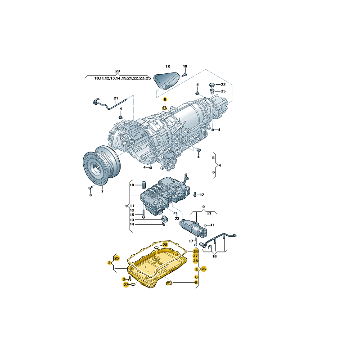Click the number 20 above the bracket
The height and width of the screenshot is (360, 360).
point(117,71)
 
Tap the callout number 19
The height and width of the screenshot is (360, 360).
point(184,66)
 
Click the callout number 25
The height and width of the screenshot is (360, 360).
point(223,91)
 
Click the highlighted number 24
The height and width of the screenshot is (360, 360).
point(195,251)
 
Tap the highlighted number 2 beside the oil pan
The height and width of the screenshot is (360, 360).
point(109,262)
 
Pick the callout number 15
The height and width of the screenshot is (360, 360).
point(132,215)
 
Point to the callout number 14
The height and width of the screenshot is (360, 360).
point(132,224)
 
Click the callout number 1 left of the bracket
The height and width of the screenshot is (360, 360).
point(126,206)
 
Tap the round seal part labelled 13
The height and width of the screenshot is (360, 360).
point(165,219)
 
